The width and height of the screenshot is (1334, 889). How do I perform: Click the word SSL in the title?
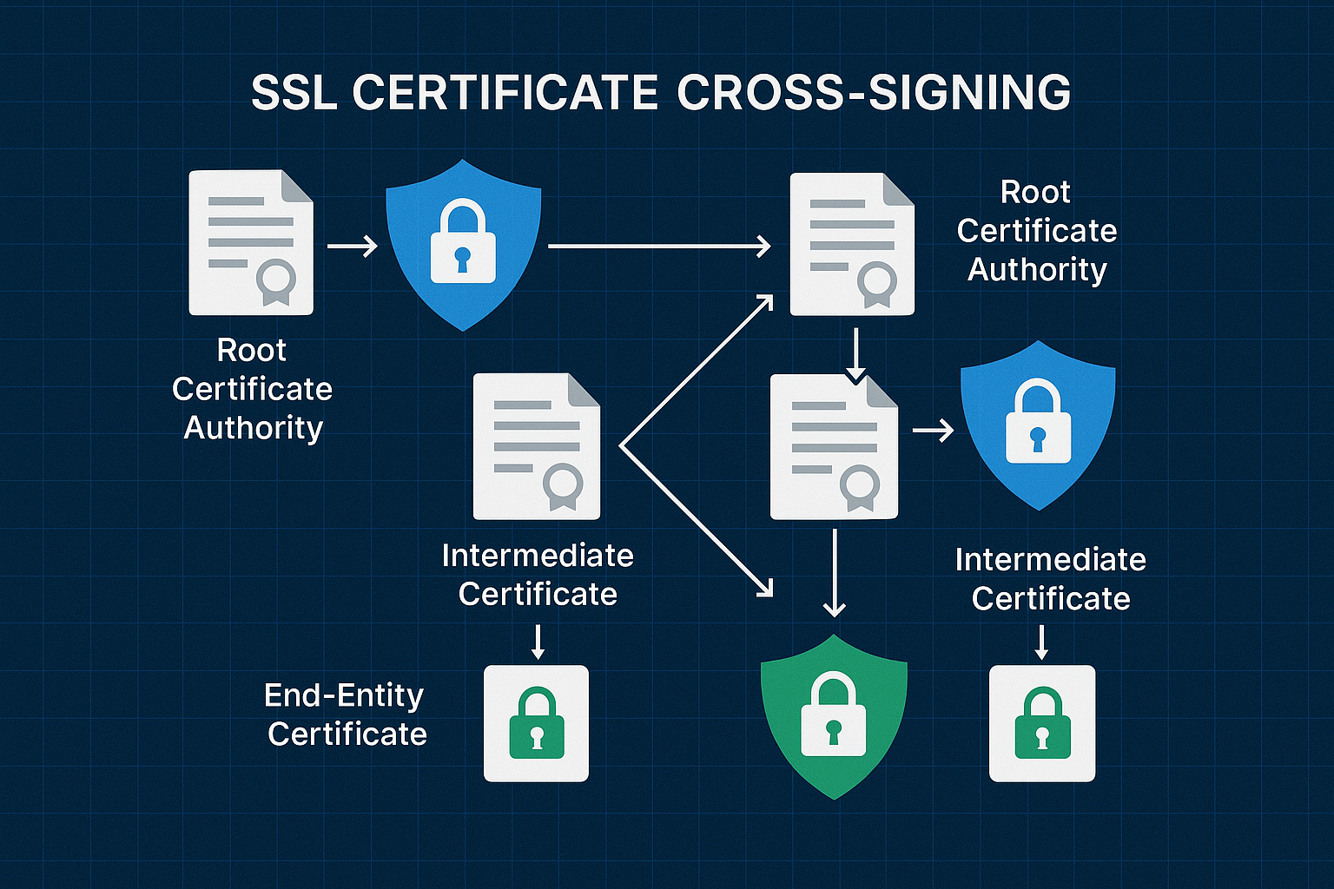(x=294, y=93)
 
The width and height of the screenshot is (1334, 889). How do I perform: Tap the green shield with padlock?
(x=834, y=716)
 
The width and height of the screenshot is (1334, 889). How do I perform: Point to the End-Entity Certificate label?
(x=346, y=714)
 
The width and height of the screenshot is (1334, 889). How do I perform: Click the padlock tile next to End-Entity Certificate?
(x=536, y=723)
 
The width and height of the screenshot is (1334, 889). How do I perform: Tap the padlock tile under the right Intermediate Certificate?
(x=1042, y=723)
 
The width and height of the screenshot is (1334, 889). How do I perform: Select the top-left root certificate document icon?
(x=251, y=242)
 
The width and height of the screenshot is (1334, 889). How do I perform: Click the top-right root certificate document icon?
(x=851, y=244)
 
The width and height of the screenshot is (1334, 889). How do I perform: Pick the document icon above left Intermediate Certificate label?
(x=536, y=446)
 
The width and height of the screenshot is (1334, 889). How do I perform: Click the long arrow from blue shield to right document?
(x=659, y=247)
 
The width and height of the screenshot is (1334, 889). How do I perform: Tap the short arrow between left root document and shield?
(x=352, y=247)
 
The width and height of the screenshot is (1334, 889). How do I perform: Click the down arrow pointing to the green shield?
(x=834, y=573)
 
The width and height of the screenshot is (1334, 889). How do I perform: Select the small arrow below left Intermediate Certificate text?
(x=538, y=642)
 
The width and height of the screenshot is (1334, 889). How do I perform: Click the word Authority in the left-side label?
(x=253, y=428)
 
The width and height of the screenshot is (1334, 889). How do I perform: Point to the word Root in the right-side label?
(x=1035, y=192)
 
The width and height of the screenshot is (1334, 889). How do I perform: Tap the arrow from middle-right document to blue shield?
(x=933, y=430)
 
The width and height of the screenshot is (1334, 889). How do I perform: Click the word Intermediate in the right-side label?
(x=1050, y=560)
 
